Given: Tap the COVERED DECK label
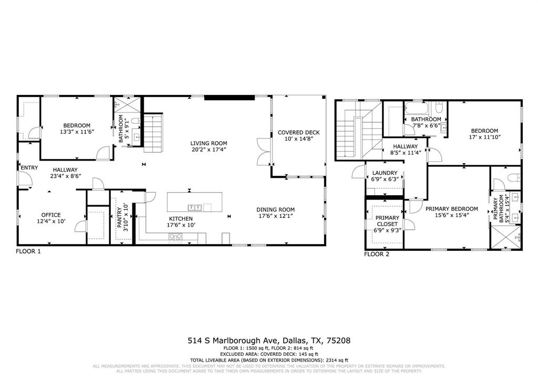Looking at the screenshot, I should point(298,133).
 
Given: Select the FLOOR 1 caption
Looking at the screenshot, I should point(28,251).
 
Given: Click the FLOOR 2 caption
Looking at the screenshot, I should point(377,255).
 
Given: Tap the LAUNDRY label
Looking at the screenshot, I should point(385,173).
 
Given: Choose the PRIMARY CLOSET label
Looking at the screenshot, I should point(387,218).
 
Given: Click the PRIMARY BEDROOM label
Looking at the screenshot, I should point(451,208).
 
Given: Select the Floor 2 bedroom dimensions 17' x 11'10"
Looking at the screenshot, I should point(484,137).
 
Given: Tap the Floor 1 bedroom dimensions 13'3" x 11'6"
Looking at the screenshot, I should point(77,132).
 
